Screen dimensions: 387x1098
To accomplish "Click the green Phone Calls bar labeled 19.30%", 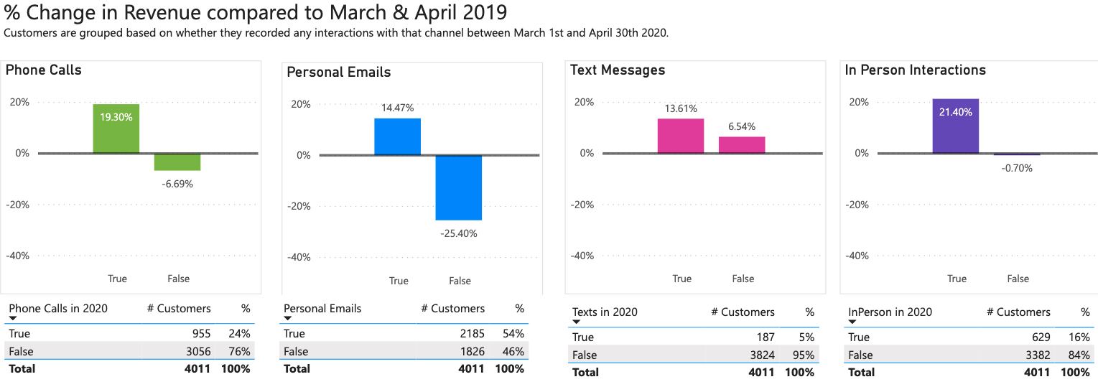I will click(x=116, y=129).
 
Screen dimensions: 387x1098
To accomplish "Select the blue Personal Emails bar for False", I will click(x=459, y=187).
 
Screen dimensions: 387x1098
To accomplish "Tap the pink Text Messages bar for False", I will click(x=742, y=144).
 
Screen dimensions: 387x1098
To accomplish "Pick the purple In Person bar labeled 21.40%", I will click(x=955, y=126).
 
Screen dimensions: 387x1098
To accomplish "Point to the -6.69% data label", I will click(x=177, y=184).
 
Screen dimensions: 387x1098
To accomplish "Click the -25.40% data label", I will click(x=459, y=233).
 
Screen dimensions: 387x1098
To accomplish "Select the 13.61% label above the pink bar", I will click(x=681, y=108).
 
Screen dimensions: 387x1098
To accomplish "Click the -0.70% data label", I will click(x=1017, y=168).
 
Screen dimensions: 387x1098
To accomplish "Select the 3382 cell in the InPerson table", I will click(x=1037, y=355).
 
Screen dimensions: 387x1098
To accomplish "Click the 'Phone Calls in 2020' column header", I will click(x=58, y=308).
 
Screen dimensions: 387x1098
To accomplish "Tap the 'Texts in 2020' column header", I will click(x=605, y=312).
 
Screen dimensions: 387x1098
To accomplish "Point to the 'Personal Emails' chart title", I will click(x=339, y=72).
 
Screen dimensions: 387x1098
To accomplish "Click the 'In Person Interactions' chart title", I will click(x=915, y=70).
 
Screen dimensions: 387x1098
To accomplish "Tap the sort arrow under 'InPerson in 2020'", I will click(x=852, y=322).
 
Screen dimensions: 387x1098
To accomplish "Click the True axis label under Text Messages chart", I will click(x=681, y=279).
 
